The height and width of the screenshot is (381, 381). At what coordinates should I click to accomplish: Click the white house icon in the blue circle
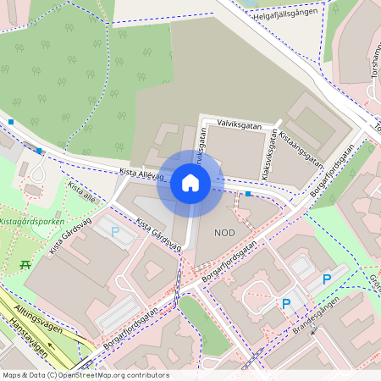(x=190, y=183)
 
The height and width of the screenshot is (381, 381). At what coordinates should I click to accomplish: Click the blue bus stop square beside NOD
(x=248, y=194)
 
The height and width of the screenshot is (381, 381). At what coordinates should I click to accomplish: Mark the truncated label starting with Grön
(x=373, y=279)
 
